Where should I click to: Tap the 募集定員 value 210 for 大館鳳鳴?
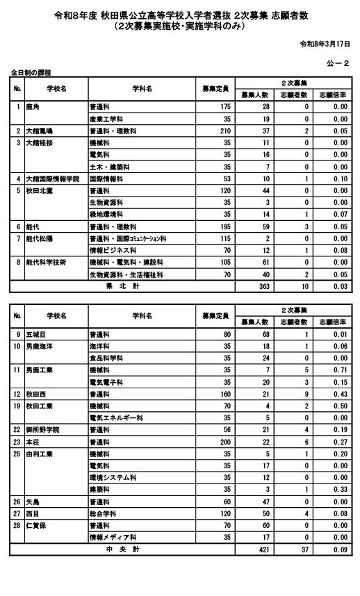tap(223, 130)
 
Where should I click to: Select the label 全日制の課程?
tap(31, 72)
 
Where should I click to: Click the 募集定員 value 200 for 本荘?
tap(223, 442)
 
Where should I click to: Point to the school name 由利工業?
tap(40, 454)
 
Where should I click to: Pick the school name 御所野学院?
tap(44, 430)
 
